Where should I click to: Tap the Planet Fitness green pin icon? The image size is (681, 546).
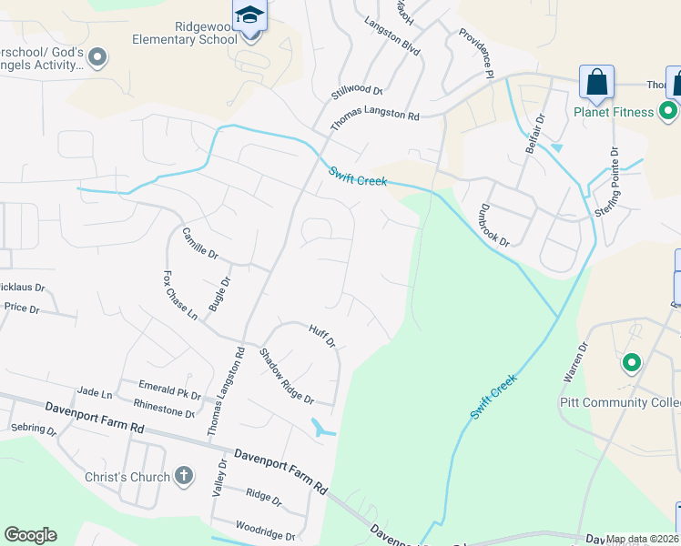click(668, 112)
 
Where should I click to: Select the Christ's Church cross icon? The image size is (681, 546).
click(183, 476)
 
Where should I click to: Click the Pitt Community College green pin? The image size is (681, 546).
click(630, 364)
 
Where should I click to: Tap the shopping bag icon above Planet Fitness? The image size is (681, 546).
click(597, 83)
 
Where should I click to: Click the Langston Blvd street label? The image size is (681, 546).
click(391, 36)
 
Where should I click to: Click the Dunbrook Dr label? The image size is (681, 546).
click(492, 224)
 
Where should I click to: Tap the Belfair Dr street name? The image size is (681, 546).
click(534, 133)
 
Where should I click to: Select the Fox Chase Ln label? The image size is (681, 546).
click(179, 294)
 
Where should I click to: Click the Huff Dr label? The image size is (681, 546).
click(322, 337)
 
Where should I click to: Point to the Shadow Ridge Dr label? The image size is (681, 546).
click(286, 377)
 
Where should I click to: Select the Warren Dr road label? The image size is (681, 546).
click(575, 360)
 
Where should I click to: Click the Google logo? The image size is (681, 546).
click(30, 535)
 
